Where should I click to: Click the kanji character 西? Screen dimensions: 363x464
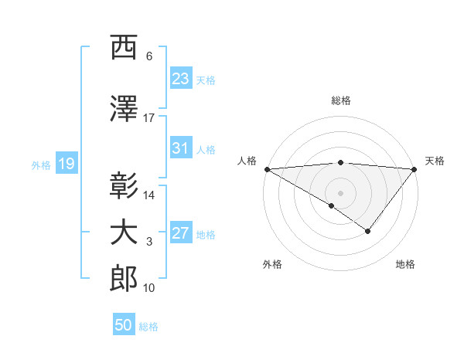pos(124,49)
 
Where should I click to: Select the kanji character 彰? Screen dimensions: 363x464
pos(124,186)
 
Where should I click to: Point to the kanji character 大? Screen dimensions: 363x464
pos(124,233)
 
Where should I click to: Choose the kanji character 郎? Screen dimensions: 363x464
pos(124,279)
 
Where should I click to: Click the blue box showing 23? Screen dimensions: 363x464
pos(181,79)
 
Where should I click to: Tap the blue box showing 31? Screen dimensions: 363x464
pos(181,148)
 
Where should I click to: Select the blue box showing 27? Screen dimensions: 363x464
pos(181,233)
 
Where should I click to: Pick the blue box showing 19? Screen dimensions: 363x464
pos(66,164)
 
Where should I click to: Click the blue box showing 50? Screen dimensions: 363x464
pos(124,325)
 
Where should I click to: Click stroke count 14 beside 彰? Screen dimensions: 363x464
pos(149,195)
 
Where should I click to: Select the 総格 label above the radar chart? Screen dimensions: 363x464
pos(341,100)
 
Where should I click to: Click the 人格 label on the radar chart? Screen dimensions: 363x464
pos(247,161)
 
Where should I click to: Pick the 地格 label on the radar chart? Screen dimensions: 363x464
pos(405,264)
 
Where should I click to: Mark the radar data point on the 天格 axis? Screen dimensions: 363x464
pos(415,168)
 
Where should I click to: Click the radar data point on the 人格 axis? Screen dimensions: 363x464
pos(267,168)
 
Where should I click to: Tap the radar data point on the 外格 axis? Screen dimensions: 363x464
pos(332,205)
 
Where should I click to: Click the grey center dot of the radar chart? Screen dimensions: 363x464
pos(340,192)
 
